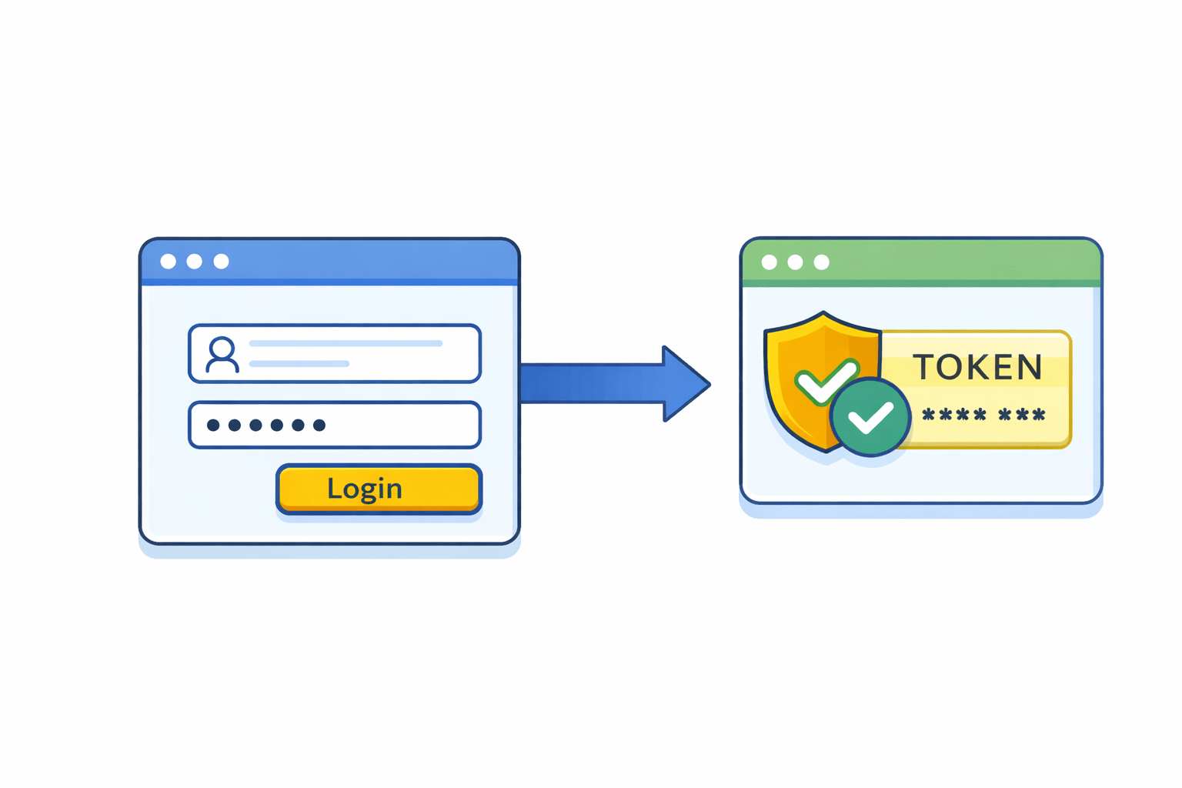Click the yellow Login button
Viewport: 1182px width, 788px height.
click(379, 489)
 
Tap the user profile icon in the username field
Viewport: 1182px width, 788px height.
click(222, 355)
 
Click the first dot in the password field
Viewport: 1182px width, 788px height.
click(213, 425)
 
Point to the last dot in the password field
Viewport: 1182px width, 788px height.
click(319, 425)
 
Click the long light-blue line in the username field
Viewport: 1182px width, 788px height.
click(346, 343)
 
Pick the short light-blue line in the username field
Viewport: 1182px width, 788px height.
click(299, 363)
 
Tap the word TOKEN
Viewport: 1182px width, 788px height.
click(977, 367)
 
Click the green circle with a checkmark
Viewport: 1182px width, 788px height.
click(870, 418)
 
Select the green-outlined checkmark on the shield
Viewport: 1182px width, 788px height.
click(825, 382)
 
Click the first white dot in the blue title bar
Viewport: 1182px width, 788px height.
click(168, 262)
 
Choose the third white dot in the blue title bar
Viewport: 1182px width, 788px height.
click(221, 262)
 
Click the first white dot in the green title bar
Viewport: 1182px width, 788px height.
click(769, 262)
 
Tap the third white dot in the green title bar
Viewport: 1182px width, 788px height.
click(822, 262)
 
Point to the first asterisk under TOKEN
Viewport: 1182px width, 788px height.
click(929, 416)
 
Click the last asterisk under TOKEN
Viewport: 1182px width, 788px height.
click(1039, 416)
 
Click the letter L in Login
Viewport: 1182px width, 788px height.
click(333, 488)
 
